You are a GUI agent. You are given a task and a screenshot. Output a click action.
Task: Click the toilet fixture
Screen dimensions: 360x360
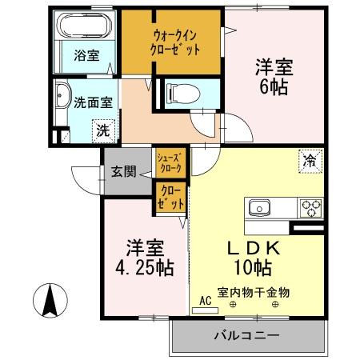point(174,91)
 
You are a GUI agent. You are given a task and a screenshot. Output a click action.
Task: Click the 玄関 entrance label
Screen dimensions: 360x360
point(123,170)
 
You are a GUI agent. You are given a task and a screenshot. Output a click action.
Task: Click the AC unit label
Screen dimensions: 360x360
point(204,302)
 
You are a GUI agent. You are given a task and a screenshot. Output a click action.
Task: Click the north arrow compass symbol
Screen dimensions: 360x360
point(48,299)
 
